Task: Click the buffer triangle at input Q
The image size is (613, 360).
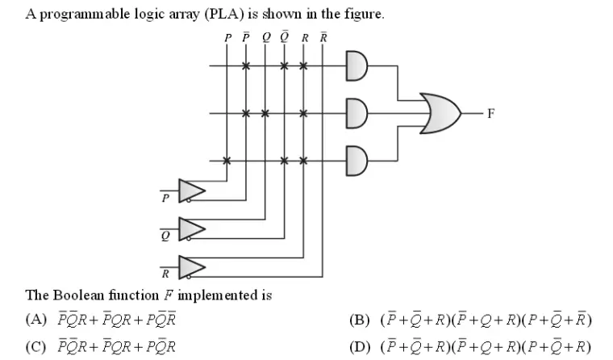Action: (x=192, y=229)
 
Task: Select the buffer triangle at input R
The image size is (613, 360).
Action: (x=192, y=266)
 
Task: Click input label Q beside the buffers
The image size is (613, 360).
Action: (x=165, y=237)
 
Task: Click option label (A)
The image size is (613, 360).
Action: (x=37, y=319)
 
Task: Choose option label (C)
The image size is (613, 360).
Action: (x=37, y=347)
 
